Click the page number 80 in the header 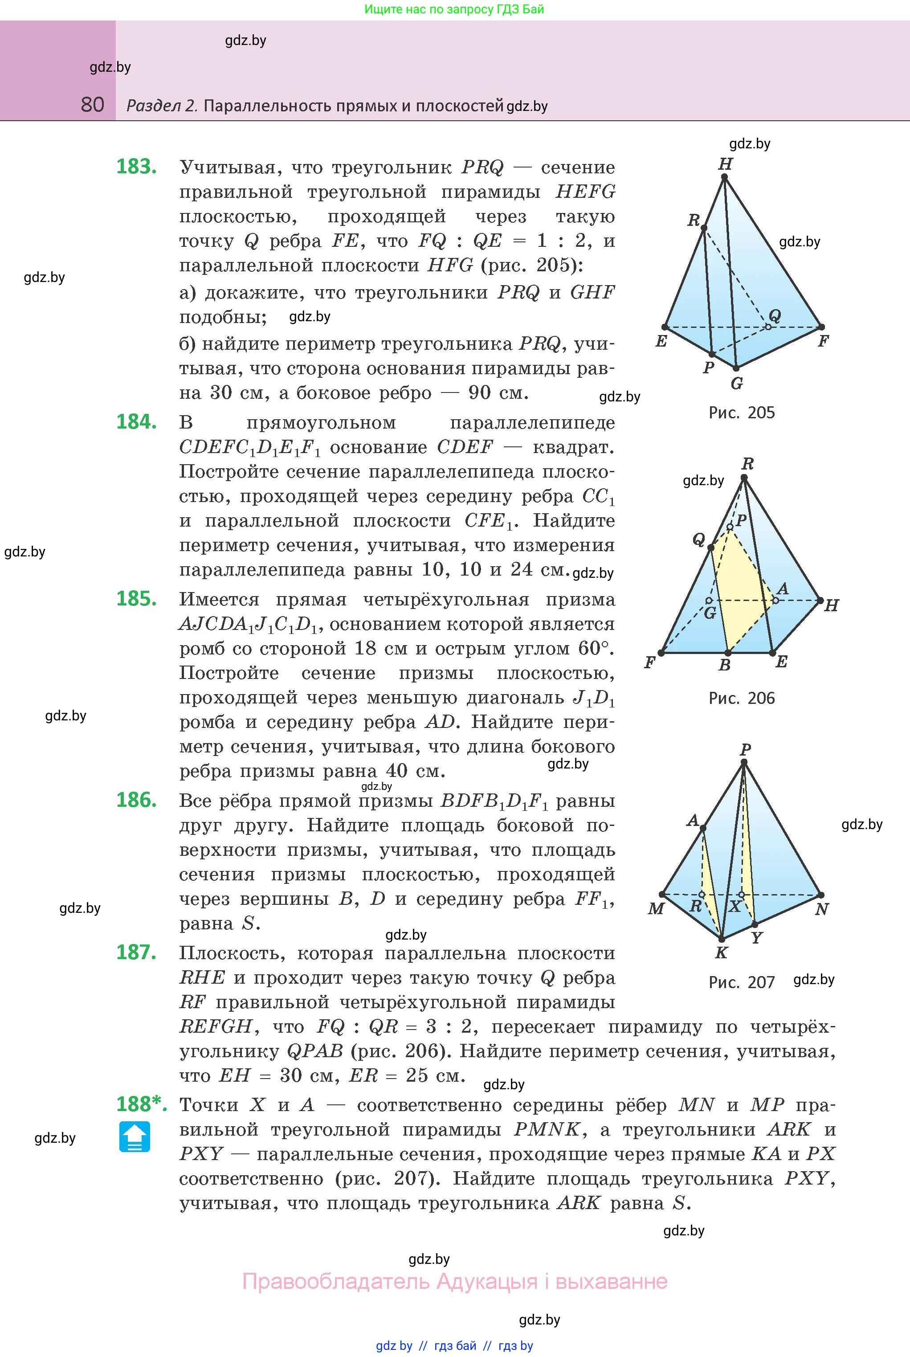coord(93,105)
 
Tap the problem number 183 coord(136,167)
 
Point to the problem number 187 coord(136,952)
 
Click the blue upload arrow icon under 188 coord(135,1136)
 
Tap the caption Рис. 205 coord(741,413)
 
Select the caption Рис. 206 coord(741,698)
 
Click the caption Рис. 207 coord(741,982)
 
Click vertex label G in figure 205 coord(736,384)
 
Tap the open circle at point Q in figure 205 coord(768,327)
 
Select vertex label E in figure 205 coord(661,341)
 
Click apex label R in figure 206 coord(747,464)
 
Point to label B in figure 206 coord(724,665)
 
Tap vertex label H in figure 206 coord(831,606)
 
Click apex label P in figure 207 coord(746,749)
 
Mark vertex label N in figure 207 coord(821,909)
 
